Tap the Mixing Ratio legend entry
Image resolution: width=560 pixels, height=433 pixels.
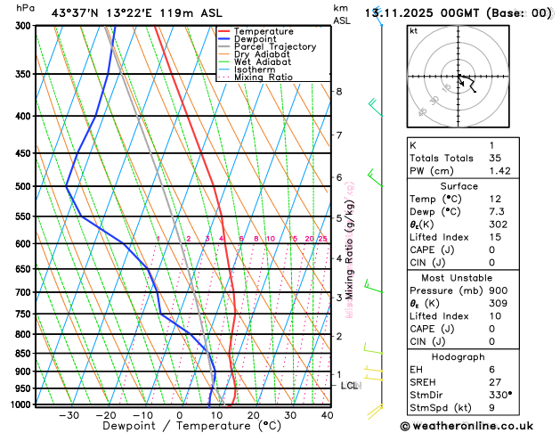click(264, 78)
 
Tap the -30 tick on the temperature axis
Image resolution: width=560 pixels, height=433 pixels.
click(69, 415)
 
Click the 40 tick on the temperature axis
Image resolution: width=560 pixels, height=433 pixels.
click(327, 415)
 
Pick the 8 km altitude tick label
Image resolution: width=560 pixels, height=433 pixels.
click(339, 92)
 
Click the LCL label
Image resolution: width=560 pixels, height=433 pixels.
click(349, 386)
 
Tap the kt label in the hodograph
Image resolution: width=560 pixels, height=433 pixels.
click(413, 30)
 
